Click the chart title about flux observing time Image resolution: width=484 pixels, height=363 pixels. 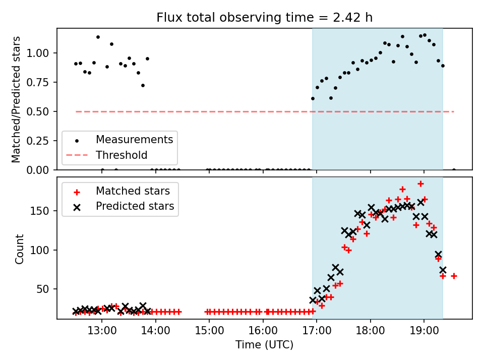tap(265, 18)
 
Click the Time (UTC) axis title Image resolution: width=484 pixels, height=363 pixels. tap(264, 345)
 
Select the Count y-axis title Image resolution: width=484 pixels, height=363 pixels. tap(20, 249)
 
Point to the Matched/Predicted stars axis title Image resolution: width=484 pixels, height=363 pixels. tap(17, 99)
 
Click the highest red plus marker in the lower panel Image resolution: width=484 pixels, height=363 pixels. tap(420, 184)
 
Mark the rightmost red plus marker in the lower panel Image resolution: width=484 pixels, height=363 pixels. tap(454, 276)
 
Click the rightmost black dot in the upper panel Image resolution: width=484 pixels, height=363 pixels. tap(454, 170)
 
